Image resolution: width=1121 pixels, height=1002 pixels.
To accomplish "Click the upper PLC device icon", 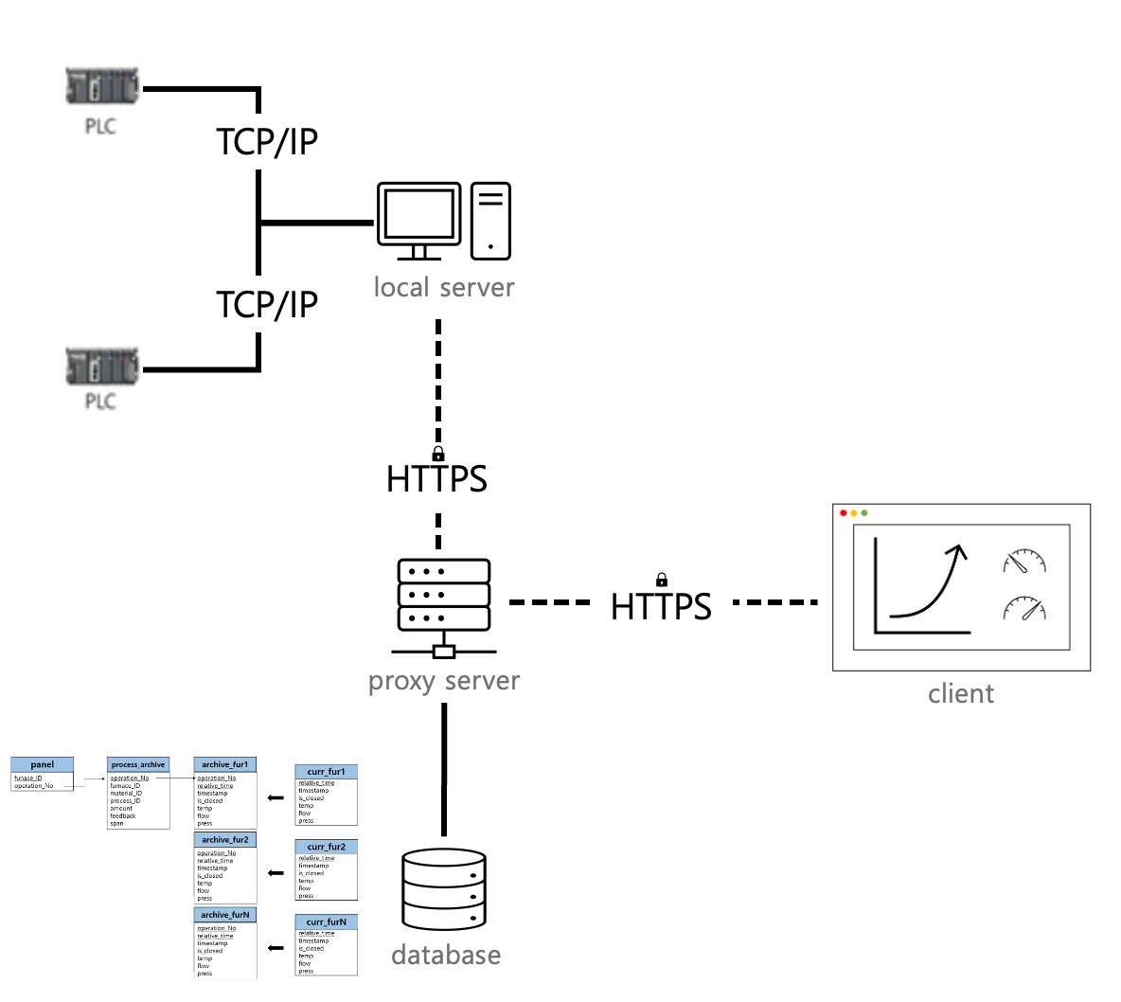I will pos(102,86).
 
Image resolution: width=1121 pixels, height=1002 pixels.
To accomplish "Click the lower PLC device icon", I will pos(102,367).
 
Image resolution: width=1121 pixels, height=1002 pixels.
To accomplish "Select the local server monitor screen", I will pos(418,215).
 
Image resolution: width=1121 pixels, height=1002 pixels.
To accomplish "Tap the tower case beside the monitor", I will pos(490,221).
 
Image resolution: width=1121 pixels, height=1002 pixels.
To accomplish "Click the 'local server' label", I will pos(443,287).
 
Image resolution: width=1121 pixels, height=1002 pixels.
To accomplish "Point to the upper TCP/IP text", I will pos(267,142).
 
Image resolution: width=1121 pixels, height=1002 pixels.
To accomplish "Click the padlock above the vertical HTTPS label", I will pos(438,454).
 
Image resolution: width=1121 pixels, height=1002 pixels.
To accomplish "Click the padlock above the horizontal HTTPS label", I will pos(662,580).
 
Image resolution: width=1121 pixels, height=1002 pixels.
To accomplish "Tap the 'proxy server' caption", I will pos(443,681).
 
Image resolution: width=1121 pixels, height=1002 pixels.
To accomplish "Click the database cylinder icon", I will pos(444,889).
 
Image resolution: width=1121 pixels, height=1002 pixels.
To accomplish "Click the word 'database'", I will pos(446,955).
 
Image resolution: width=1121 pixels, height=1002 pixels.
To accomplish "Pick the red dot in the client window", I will pos(844,513).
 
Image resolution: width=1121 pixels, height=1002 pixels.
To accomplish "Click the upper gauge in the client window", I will pos(1024,562).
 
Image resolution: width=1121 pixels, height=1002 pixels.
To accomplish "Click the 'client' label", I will pos(961,694).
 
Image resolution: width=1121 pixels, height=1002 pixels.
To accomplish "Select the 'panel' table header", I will pos(42,764).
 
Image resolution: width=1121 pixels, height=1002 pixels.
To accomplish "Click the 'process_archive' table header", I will pos(138,764).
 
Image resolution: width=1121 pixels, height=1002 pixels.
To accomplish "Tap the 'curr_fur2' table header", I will pos(326,847).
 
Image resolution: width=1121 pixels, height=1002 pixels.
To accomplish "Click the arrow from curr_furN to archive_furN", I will pos(276,948).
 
